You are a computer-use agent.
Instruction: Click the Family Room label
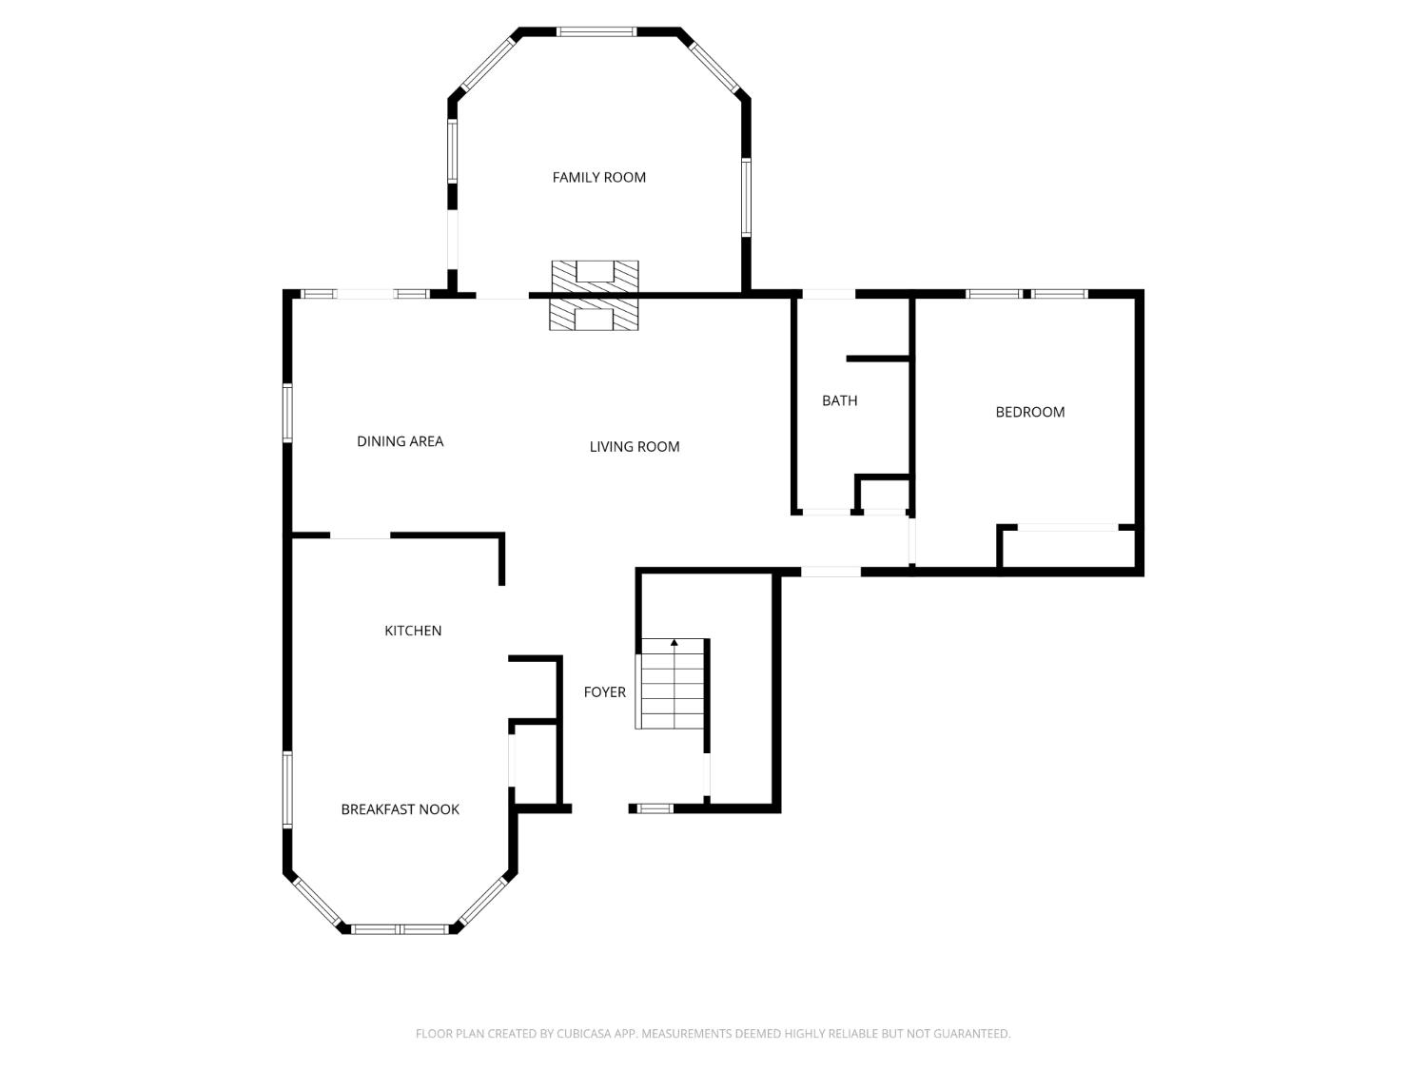point(598,177)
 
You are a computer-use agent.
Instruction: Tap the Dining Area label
point(400,441)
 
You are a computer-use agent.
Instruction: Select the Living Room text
point(634,447)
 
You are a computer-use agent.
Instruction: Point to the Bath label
point(839,400)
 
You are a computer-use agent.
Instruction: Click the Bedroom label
point(1029,412)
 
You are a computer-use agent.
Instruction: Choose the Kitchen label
point(412,631)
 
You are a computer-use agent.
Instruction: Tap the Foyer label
point(604,692)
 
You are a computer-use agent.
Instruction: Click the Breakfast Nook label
point(400,809)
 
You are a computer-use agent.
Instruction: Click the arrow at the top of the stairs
point(674,644)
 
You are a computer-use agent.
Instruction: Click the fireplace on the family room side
point(596,275)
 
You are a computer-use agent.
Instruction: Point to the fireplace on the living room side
point(594,315)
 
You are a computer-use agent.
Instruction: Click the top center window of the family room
point(596,31)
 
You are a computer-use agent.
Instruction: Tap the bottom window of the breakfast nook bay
point(400,928)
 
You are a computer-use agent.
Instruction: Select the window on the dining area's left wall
point(287,413)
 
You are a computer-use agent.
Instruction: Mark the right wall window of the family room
point(746,197)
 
